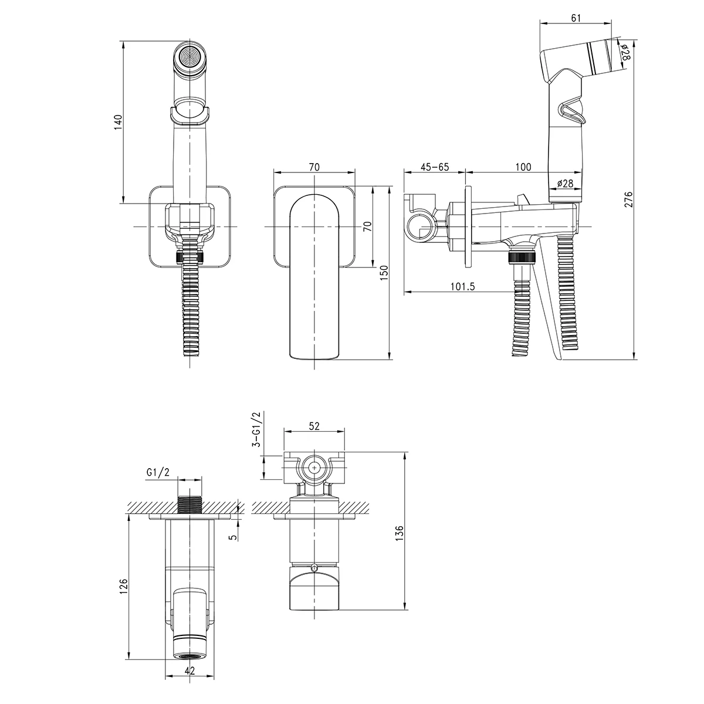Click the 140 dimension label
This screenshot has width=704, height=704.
point(119,123)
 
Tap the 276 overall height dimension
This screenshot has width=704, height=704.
point(628,199)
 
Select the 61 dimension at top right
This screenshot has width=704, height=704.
point(576,18)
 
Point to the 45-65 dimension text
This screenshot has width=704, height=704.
point(434,167)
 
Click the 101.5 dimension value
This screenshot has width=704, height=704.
point(462,286)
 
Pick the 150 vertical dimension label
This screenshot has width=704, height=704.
point(384,273)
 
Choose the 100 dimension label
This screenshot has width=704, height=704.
point(523,167)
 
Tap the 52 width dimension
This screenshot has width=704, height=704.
point(314,426)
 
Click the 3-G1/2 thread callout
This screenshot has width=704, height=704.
point(256,429)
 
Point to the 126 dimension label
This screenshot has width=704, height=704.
point(124,586)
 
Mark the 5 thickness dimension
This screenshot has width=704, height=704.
point(234,537)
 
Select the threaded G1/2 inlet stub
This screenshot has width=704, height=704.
point(189,505)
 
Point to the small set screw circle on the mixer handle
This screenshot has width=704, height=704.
point(314,567)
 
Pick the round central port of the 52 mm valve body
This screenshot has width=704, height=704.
point(314,468)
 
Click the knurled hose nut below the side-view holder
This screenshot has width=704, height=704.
point(522,257)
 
